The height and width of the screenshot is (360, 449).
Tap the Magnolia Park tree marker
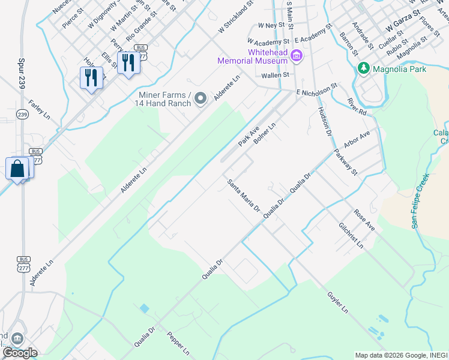tap(363, 69)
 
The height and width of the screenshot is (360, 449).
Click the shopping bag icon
tap(17, 169)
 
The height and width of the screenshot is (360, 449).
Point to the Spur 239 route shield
tap(22, 114)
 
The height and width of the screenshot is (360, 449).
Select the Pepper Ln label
tap(178, 343)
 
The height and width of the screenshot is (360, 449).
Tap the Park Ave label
tap(247, 136)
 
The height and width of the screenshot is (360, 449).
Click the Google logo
tap(19, 353)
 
